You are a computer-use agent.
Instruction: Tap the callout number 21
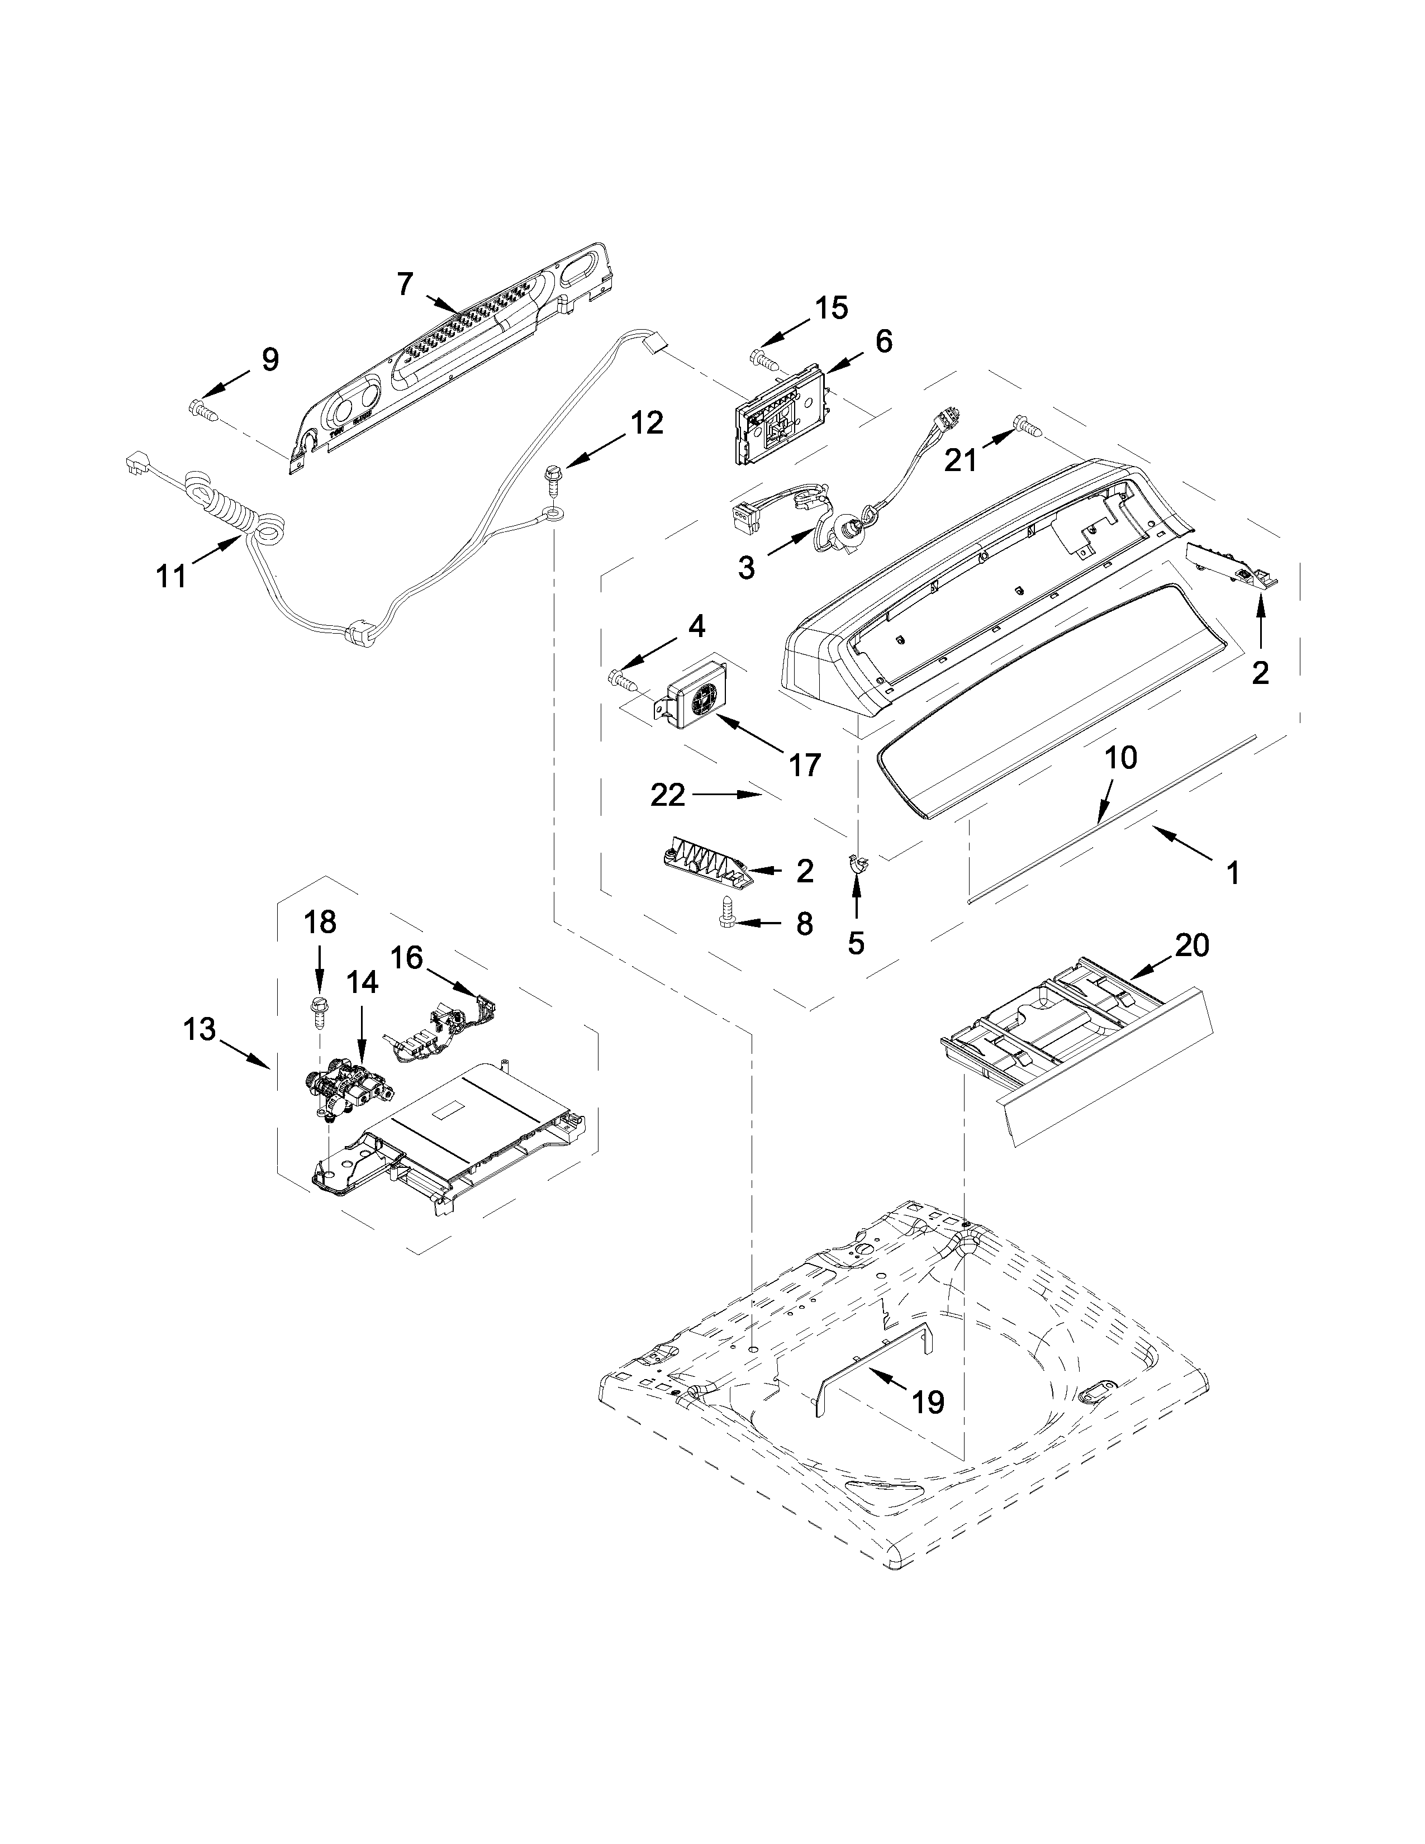960,460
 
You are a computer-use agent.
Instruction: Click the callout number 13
201,1029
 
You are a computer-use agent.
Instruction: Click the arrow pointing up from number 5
856,899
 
